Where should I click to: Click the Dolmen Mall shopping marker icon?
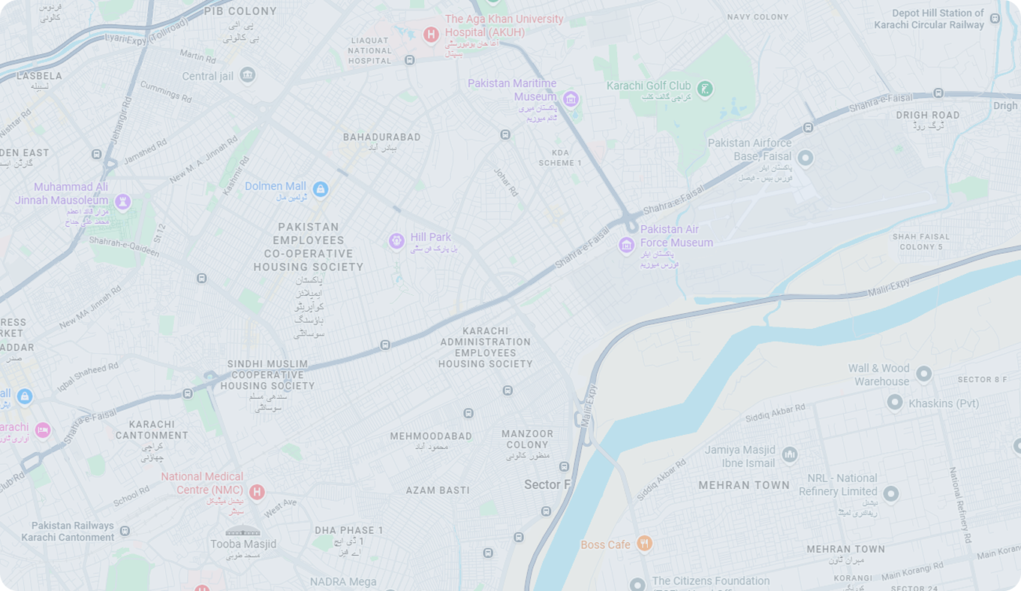point(321,188)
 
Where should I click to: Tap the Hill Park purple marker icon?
point(396,241)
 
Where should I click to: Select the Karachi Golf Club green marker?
point(704,89)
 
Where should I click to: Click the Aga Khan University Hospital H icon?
point(431,35)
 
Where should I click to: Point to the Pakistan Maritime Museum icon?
point(571,99)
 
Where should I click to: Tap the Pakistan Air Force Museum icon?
point(626,245)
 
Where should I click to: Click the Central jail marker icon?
point(248,75)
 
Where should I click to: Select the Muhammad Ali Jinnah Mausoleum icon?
point(123,201)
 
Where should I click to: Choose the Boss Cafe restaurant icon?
point(644,544)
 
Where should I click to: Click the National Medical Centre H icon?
point(257,492)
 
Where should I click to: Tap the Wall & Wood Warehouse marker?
point(924,373)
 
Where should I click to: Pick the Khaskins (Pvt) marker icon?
point(894,403)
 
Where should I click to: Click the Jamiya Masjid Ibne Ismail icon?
point(789,455)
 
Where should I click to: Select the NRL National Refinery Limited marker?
point(891,493)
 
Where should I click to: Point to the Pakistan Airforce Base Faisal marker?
point(806,158)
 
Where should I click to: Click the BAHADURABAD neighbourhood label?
point(381,137)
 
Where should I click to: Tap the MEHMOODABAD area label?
point(431,436)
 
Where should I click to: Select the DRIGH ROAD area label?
point(928,115)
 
